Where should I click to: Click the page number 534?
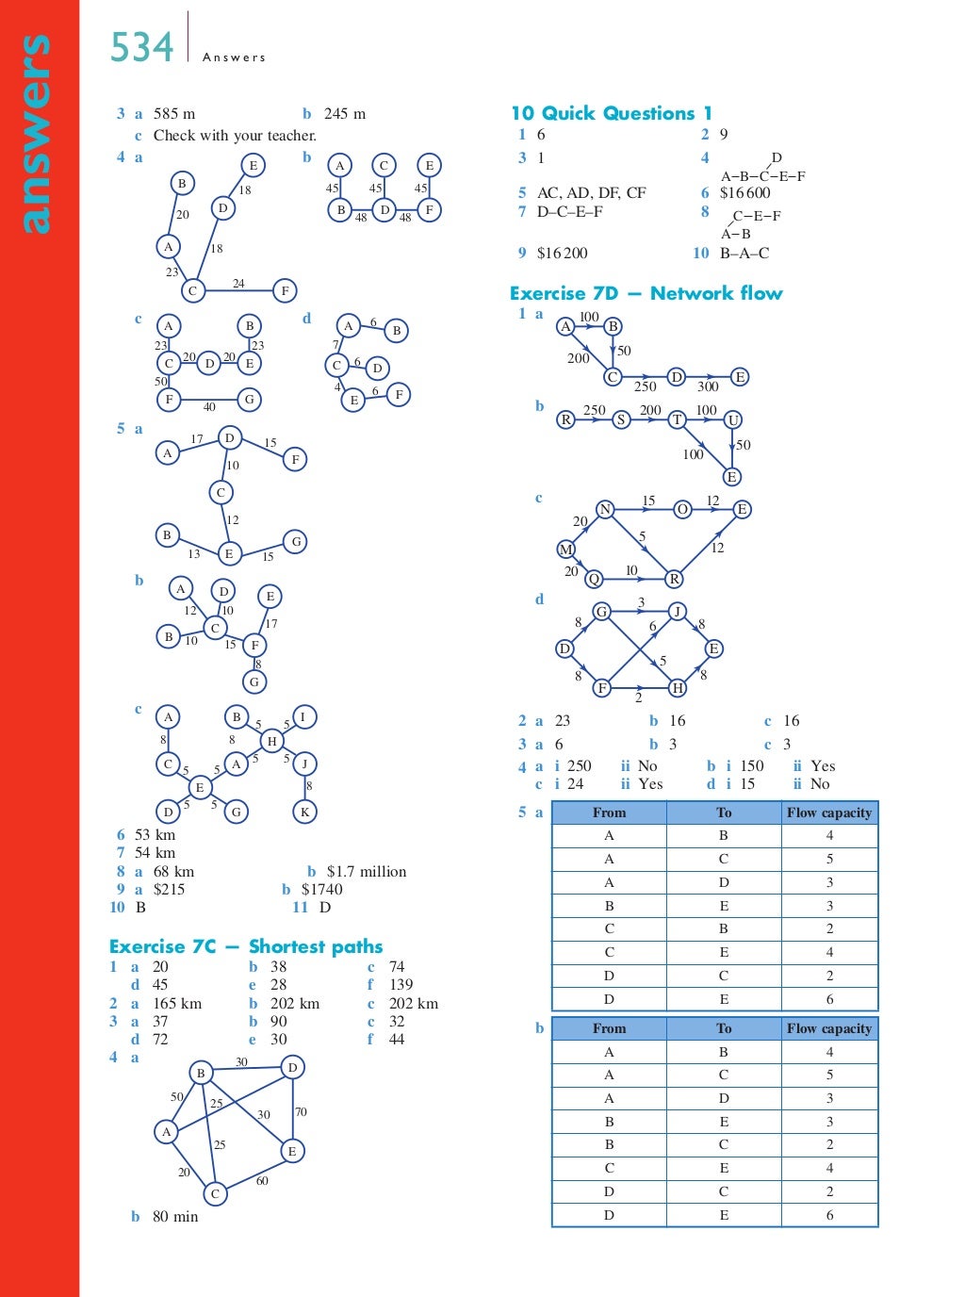pyautogui.click(x=141, y=47)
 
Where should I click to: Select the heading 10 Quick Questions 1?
pyautogui.click(x=611, y=113)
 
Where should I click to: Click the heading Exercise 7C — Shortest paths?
pyautogui.click(x=246, y=946)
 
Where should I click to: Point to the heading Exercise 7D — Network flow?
pyautogui.click(x=646, y=293)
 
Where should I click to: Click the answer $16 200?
pyautogui.click(x=562, y=253)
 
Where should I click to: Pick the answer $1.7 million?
pyautogui.click(x=367, y=871)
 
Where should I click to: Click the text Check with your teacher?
pyautogui.click(x=235, y=136)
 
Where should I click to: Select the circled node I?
pyautogui.click(x=303, y=716)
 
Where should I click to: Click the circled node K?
pyautogui.click(x=304, y=811)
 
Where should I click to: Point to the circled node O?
pyautogui.click(x=682, y=509)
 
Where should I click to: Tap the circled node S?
pyautogui.click(x=621, y=419)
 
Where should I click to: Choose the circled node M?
pyautogui.click(x=566, y=549)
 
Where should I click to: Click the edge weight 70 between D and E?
pyautogui.click(x=301, y=1112)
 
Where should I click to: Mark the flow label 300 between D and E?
pyautogui.click(x=708, y=386)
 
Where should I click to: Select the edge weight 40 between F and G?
pyautogui.click(x=209, y=407)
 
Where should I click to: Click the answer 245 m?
pyautogui.click(x=345, y=114)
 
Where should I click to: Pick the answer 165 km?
pyautogui.click(x=177, y=1003)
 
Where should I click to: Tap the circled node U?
pyautogui.click(x=732, y=419)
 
